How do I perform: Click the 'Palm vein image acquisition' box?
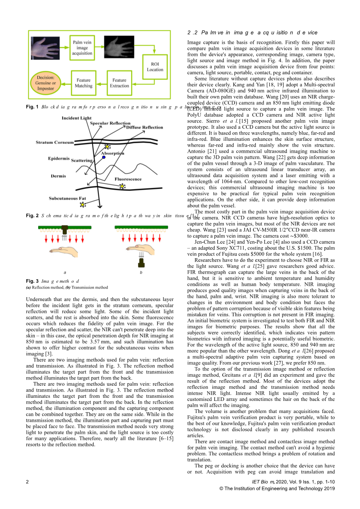82,48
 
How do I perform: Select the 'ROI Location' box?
155,67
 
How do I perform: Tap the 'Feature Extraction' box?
119,83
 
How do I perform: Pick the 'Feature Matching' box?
83,83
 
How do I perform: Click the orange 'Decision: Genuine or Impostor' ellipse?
46,83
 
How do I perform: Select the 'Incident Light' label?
76,118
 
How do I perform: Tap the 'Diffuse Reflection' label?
144,127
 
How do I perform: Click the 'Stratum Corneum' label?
54,142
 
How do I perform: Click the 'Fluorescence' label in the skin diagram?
128,179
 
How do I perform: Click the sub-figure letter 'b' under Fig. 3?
141,273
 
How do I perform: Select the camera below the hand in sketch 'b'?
141,263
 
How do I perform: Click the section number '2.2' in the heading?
191,33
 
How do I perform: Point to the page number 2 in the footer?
27,482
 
